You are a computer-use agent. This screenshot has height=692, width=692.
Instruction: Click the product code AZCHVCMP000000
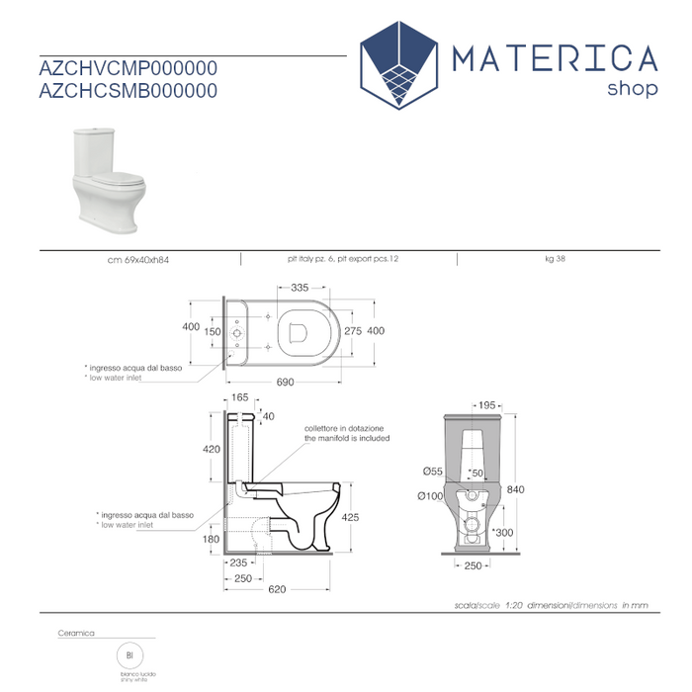[128, 68]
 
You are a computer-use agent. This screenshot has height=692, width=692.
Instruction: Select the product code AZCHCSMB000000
[128, 90]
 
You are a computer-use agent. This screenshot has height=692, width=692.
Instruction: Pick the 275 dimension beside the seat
[353, 331]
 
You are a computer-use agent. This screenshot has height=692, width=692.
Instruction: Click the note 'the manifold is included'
[346, 438]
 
